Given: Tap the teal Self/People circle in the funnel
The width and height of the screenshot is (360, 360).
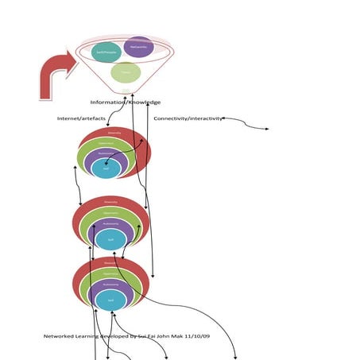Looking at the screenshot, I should (106, 52).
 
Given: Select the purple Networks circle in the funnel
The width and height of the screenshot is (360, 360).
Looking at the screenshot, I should (138, 47).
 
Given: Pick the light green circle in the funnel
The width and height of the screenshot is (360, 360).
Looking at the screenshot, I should (126, 73).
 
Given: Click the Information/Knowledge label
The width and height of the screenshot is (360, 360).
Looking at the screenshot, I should (125, 102).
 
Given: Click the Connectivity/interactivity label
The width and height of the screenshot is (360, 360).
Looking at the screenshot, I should (188, 118).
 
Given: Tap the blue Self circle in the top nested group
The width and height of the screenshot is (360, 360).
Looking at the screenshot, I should (106, 168).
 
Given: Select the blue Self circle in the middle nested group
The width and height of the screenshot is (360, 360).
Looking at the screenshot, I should (110, 238).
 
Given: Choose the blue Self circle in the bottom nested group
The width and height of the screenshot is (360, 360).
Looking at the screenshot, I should (110, 300).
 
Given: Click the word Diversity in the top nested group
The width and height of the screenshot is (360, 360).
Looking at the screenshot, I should (114, 133).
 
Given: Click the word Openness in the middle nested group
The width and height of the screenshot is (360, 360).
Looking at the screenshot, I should (111, 213).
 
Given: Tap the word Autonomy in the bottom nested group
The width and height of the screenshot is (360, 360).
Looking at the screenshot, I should (111, 284).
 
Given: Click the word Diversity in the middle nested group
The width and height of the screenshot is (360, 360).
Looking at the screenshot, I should (111, 202).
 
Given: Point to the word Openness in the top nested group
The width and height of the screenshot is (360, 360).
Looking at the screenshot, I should (106, 143).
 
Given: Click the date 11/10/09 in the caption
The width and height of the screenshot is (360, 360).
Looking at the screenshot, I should (195, 336).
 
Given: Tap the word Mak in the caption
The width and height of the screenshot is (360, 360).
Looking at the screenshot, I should (173, 336).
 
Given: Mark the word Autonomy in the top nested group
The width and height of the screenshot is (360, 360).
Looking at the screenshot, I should (106, 154).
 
